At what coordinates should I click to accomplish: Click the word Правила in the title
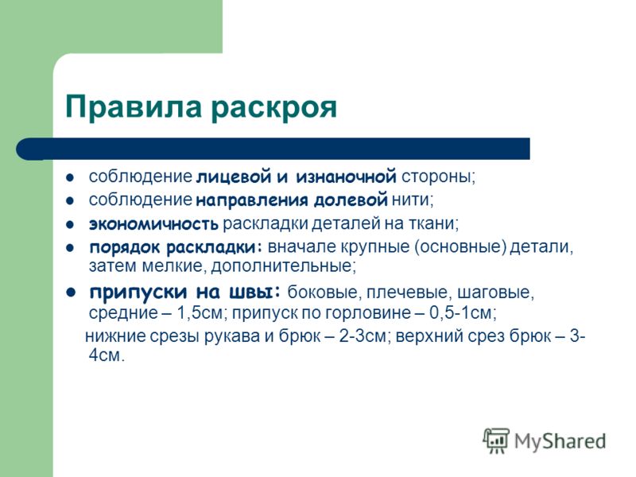(x=134, y=107)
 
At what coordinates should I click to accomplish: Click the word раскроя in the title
(x=273, y=110)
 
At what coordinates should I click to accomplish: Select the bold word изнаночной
(x=346, y=176)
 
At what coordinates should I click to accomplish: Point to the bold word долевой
(x=351, y=200)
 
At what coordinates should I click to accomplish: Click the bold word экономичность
(x=153, y=224)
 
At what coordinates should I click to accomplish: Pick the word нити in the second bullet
(x=410, y=200)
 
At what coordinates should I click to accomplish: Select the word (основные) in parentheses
(x=460, y=247)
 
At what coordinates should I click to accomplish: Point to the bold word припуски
(x=138, y=293)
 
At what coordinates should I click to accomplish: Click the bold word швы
(x=252, y=292)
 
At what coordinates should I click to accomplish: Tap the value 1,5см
(x=201, y=312)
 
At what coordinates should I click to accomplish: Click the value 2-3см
(x=362, y=336)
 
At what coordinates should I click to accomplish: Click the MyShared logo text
(x=560, y=441)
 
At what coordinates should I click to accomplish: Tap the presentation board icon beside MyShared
(x=496, y=440)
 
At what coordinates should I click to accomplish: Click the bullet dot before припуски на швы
(x=71, y=293)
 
